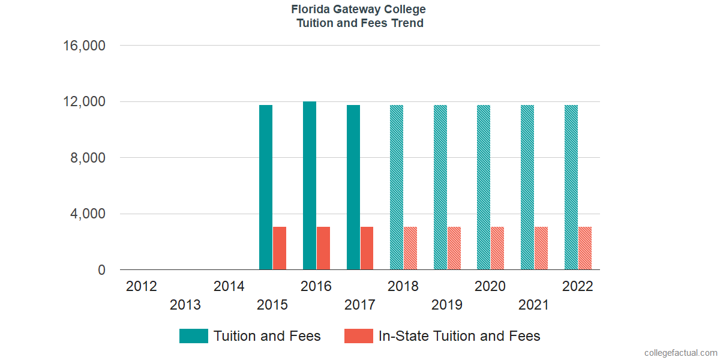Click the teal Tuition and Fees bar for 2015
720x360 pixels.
266,187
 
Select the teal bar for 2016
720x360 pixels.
310,185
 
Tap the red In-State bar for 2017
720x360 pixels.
367,248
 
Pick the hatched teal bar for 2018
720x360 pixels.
397,187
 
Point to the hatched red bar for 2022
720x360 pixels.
585,248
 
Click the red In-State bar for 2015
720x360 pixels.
280,248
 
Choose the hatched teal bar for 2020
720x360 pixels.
484,187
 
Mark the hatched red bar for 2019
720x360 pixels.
454,248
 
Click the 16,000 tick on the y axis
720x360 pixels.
85,46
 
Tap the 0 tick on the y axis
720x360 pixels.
102,270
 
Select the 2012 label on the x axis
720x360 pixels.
142,286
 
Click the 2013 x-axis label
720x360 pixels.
185,305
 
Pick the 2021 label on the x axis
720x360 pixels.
533,305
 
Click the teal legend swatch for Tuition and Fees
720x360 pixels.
194,336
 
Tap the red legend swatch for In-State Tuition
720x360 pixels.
359,336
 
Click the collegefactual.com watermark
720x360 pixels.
680,353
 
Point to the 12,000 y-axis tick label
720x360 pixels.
85,101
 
